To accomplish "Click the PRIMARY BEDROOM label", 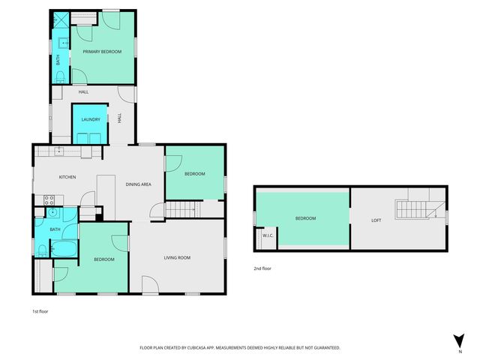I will [102, 52].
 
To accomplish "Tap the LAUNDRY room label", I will [91, 120].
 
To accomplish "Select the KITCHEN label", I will [67, 177].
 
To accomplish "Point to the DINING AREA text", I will [139, 184].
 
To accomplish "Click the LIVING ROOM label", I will [178, 258].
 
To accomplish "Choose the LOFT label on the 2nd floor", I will [376, 220].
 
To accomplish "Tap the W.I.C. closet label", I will [266, 235].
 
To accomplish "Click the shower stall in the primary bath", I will [58, 23].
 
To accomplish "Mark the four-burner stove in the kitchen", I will [49, 199].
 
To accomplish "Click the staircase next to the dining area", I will [180, 210].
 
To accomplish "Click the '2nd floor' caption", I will [262, 268].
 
